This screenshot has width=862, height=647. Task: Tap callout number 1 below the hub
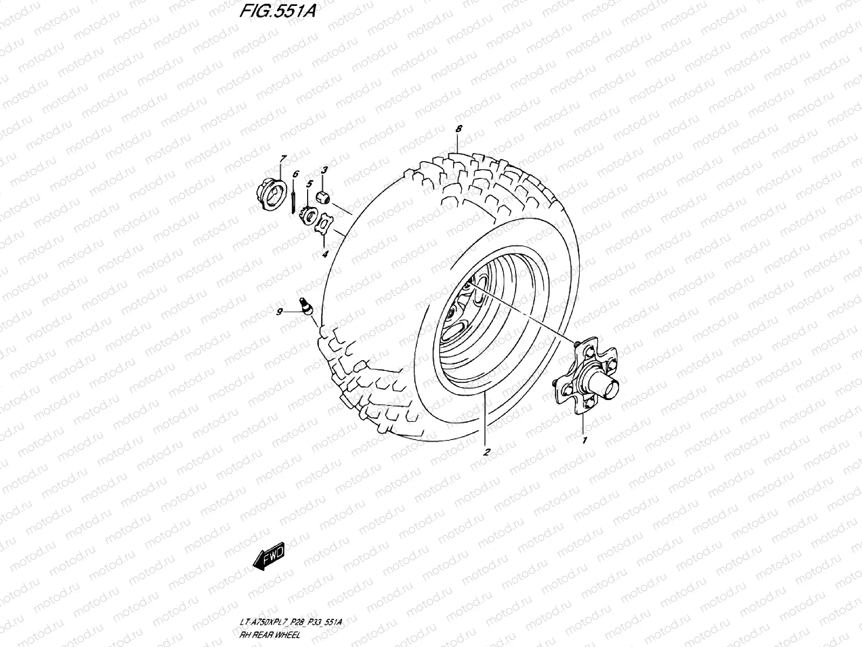tap(584, 440)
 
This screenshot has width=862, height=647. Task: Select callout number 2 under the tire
tap(486, 452)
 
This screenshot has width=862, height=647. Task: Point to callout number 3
tap(324, 170)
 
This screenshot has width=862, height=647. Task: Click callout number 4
tap(324, 254)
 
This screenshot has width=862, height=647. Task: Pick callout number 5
tap(309, 184)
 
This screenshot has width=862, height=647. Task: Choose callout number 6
tap(295, 174)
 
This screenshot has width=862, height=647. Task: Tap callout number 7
tap(282, 157)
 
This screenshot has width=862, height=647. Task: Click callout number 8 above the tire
tap(458, 129)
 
